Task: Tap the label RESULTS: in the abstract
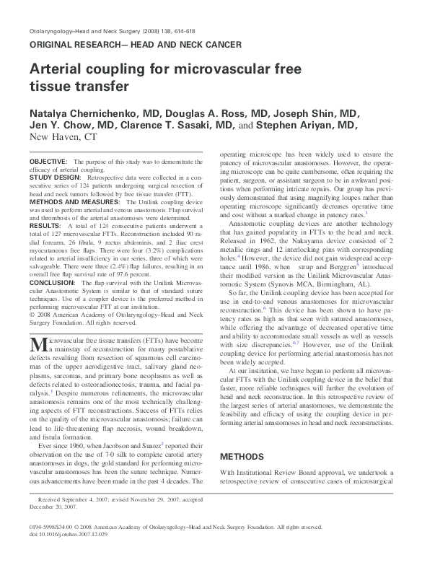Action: (x=45, y=227)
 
